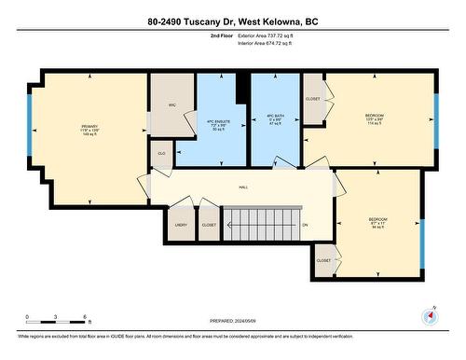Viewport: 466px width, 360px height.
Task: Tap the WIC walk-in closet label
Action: [172, 104]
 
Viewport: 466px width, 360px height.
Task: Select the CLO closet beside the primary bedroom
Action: [161, 153]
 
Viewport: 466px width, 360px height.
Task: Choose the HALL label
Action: [243, 187]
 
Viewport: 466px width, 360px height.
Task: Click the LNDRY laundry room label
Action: [181, 225]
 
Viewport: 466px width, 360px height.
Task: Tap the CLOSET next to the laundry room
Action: [209, 225]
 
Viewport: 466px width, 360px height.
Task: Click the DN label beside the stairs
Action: [304, 225]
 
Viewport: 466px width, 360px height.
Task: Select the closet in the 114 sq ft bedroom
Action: [312, 98]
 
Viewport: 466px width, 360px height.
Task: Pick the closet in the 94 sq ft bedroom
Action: [323, 260]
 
